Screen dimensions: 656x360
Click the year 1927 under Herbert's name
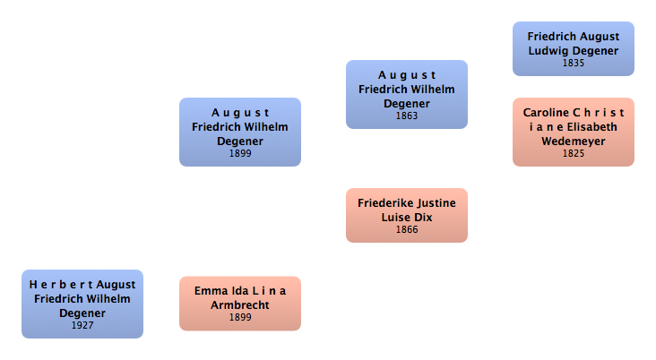coord(82,325)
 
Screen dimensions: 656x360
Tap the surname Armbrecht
coord(240,305)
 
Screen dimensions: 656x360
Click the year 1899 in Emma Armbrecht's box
coord(240,317)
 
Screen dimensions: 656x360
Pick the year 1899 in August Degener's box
coord(240,153)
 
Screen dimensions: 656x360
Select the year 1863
coord(407,116)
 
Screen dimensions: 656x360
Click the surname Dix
coord(424,218)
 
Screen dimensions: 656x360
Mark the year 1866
coord(407,229)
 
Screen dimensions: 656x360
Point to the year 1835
coord(574,64)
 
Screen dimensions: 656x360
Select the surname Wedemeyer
coord(574,141)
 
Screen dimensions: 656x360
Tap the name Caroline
coord(546,113)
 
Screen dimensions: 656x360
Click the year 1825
coord(574,153)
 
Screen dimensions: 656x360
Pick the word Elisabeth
coord(592,127)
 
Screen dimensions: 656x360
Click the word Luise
coord(397,218)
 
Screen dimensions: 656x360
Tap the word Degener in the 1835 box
coord(595,51)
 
